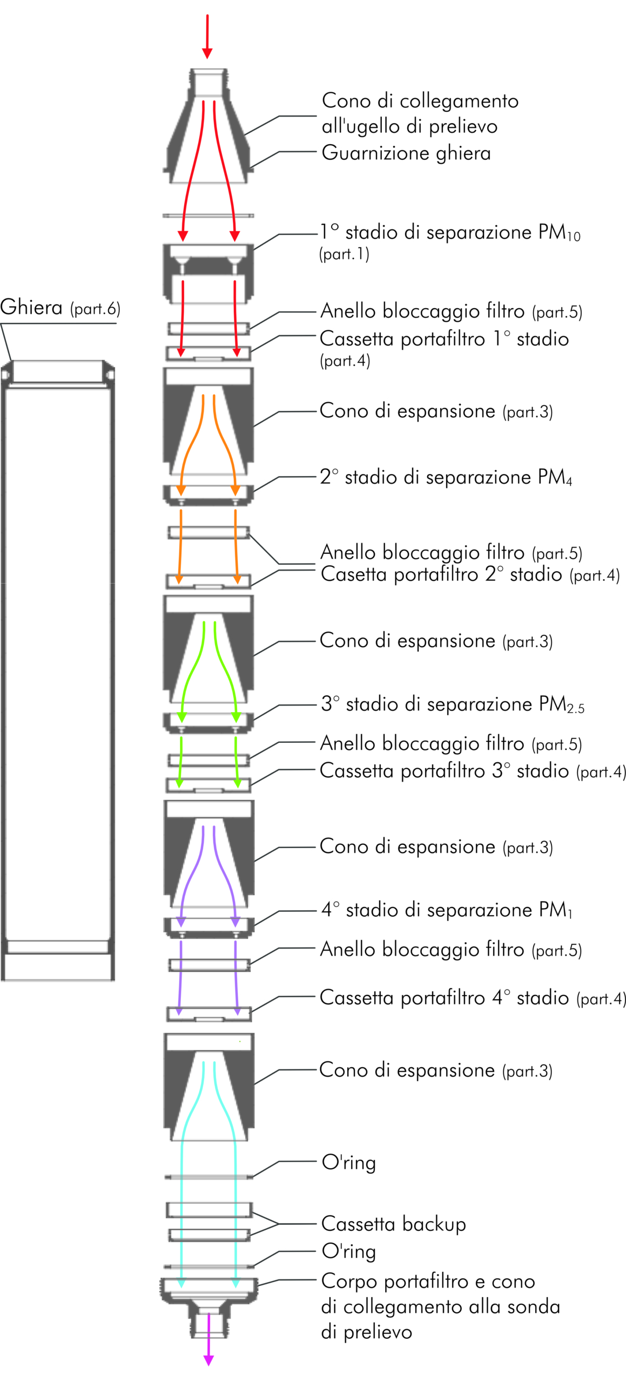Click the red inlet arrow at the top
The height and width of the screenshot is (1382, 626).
point(207,36)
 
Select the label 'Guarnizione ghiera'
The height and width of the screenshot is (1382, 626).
point(406,153)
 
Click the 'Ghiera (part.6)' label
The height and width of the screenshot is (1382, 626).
point(60,308)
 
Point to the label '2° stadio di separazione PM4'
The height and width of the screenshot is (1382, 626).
point(446,477)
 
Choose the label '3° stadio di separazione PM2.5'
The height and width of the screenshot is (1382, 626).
point(453,704)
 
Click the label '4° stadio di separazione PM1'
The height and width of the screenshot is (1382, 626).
point(447,910)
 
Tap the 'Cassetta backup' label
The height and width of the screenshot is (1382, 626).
point(394,1224)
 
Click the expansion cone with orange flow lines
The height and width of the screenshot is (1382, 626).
point(208,422)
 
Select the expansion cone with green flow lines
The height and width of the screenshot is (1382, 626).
point(208,649)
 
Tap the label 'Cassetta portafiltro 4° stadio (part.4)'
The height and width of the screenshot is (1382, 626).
point(473,998)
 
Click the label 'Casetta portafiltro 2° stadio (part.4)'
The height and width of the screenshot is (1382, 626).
point(470,574)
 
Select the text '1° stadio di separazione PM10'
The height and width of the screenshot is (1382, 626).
point(450,233)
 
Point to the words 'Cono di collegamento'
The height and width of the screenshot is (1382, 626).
point(420,101)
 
